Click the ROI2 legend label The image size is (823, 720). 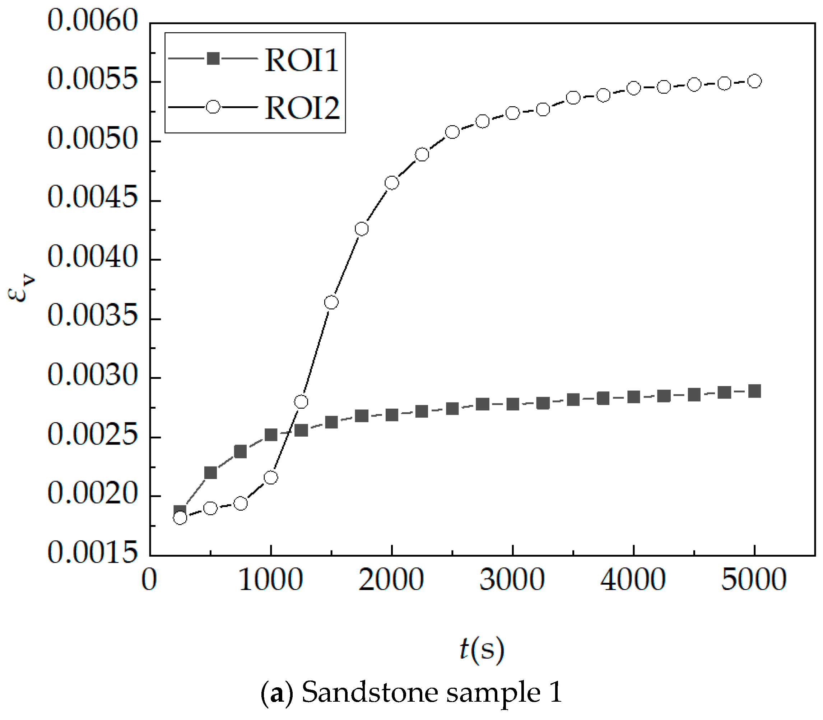pyautogui.click(x=302, y=108)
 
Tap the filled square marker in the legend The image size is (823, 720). pyautogui.click(x=213, y=59)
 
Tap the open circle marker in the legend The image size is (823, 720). pyautogui.click(x=213, y=107)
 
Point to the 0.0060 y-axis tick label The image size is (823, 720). pyautogui.click(x=93, y=20)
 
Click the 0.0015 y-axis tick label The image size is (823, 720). pyautogui.click(x=93, y=553)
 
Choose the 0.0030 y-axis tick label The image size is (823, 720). pyautogui.click(x=93, y=375)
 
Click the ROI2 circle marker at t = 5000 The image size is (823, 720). pyautogui.click(x=755, y=81)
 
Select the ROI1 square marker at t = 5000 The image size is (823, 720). pyautogui.click(x=755, y=391)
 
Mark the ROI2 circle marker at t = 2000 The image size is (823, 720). pyautogui.click(x=392, y=183)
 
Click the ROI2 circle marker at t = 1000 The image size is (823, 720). pyautogui.click(x=271, y=477)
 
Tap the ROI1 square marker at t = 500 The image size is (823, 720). pyautogui.click(x=210, y=473)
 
